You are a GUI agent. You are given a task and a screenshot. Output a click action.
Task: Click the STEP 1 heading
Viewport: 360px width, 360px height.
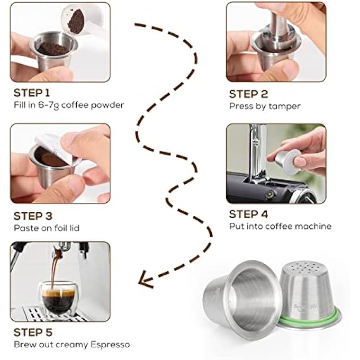[32, 93]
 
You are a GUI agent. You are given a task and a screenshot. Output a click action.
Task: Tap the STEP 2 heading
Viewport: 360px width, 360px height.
[248, 94]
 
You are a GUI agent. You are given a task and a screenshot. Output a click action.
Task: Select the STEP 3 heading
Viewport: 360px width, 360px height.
[33, 216]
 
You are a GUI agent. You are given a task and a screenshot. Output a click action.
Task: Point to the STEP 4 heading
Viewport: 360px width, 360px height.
[248, 214]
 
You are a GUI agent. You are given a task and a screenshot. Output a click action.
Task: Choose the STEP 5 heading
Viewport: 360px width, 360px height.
[33, 332]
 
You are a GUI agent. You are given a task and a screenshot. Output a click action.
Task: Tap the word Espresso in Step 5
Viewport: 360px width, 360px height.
[110, 345]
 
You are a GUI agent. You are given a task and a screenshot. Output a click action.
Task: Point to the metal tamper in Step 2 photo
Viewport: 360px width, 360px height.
[278, 30]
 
